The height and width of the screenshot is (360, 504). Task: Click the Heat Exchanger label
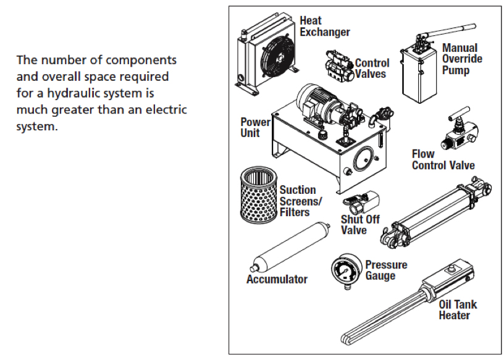[324, 27]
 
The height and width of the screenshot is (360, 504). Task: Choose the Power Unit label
[255, 127]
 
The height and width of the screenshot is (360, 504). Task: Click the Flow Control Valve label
[443, 159]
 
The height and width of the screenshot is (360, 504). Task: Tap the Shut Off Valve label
[360, 225]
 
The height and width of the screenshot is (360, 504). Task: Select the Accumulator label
[277, 279]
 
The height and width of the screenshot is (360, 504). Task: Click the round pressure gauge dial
[343, 270]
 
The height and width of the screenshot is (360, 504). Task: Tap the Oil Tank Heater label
[458, 310]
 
